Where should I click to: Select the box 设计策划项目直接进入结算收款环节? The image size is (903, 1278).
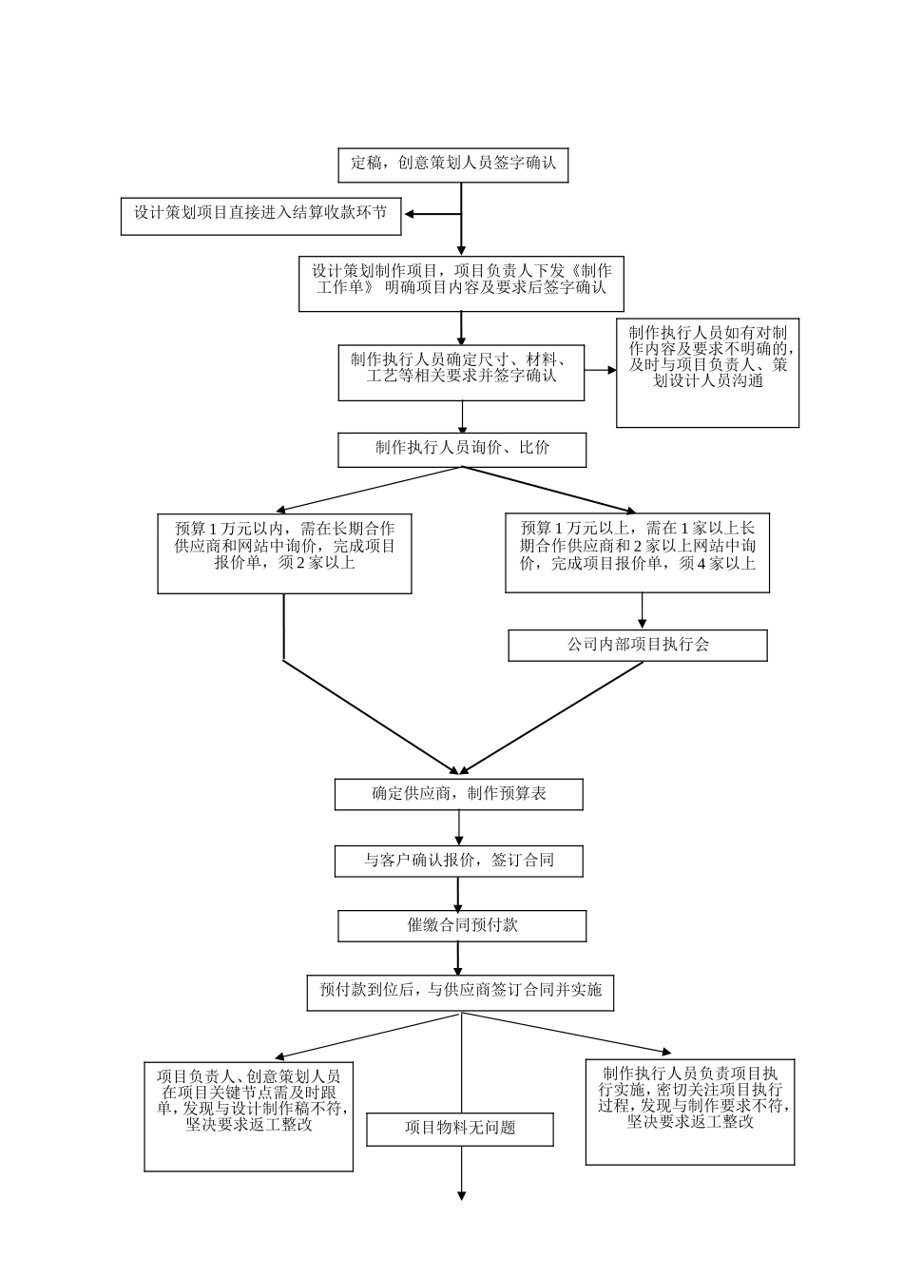point(260,216)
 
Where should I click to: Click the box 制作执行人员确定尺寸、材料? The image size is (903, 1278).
point(461,372)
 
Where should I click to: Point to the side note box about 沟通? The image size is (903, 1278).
point(707,373)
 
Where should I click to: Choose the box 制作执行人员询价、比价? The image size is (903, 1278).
point(461,450)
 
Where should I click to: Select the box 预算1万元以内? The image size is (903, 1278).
point(284,553)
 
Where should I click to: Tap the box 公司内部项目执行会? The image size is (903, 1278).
point(637,645)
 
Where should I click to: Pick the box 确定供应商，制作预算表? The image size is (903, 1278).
point(458,794)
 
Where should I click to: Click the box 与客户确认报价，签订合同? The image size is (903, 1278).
point(458,862)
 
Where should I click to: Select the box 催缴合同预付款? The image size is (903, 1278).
point(462,925)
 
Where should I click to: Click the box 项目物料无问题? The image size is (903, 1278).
point(460,1129)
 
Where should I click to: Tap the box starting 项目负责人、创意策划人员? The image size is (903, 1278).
point(249,1115)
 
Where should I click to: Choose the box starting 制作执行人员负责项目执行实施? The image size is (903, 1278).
point(689,1112)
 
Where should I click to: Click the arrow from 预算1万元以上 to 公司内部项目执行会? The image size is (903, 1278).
point(642,610)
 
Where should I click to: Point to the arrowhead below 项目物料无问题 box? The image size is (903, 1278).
point(462,1195)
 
